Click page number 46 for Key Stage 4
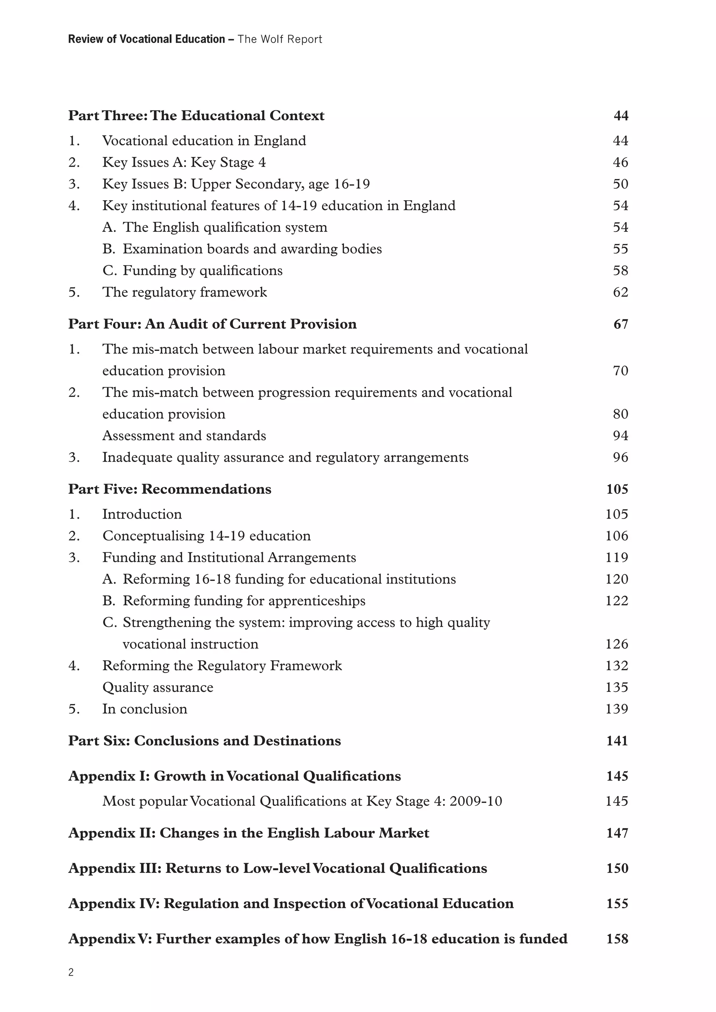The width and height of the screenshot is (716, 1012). click(x=620, y=162)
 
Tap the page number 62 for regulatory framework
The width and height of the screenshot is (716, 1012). click(x=620, y=292)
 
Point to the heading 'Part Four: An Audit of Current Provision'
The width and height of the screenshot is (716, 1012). click(x=212, y=324)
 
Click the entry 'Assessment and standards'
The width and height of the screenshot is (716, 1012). click(x=184, y=435)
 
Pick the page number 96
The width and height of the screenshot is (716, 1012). click(x=620, y=457)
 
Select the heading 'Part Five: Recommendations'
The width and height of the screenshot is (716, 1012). click(x=170, y=489)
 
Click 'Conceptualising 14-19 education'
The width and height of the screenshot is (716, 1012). click(x=206, y=536)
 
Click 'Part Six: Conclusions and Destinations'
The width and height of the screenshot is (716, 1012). click(x=205, y=740)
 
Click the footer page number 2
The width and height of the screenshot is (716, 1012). click(x=71, y=972)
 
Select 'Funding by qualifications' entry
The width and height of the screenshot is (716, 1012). click(x=202, y=270)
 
